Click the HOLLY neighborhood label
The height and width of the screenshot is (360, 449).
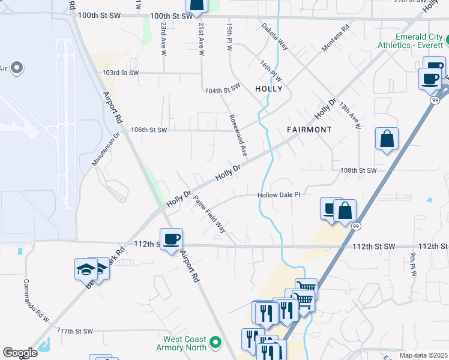pos(268,89)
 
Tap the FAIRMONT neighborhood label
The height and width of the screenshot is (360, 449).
pos(309,130)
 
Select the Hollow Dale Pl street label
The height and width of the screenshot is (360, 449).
pos(278,195)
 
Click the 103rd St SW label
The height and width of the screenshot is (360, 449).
pos(120,73)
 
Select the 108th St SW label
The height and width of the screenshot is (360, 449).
pos(358,170)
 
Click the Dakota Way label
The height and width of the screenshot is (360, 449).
pos(274,37)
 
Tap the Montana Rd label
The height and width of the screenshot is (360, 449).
pos(336,38)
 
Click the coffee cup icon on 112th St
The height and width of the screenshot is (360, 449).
pos(171,239)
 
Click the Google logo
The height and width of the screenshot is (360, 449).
pos(20,353)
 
